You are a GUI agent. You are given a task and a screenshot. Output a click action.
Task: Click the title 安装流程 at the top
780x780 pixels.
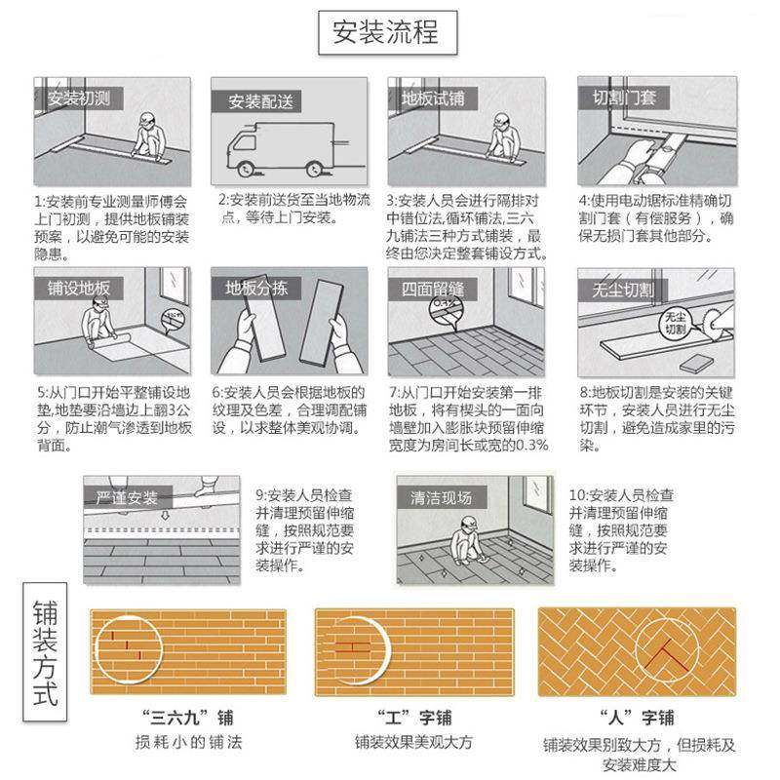tap(386, 33)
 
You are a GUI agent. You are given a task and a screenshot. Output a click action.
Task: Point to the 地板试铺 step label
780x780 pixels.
tap(434, 99)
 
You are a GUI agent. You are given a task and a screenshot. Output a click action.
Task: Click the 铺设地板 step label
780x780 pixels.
tap(79, 289)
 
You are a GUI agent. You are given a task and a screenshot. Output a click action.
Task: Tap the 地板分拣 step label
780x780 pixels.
tap(256, 289)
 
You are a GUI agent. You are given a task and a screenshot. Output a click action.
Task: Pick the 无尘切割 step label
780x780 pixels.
tap(622, 290)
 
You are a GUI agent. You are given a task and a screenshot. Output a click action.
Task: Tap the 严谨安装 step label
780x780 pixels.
tap(127, 497)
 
